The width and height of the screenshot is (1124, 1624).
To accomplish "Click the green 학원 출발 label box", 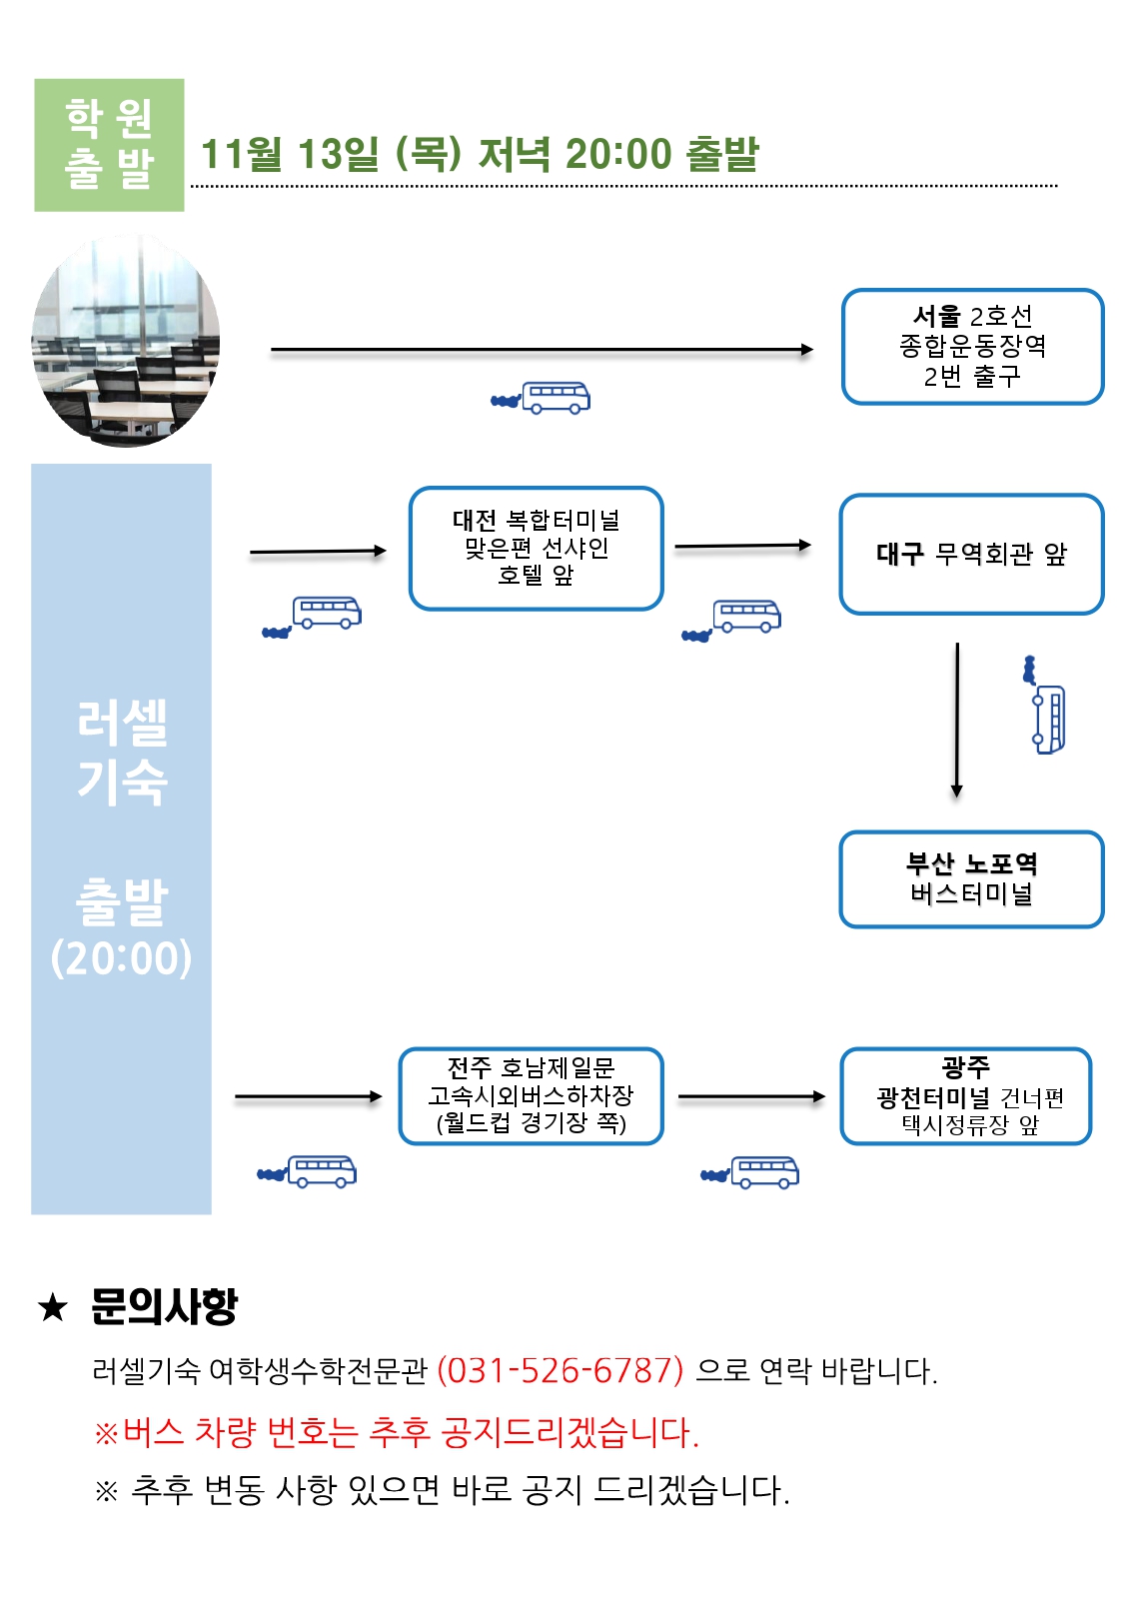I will (x=109, y=145).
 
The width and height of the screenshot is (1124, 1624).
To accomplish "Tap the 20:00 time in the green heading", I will (x=617, y=155).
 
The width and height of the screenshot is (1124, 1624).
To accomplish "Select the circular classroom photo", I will (x=126, y=342).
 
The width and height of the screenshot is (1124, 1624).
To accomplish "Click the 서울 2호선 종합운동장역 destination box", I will (x=971, y=347).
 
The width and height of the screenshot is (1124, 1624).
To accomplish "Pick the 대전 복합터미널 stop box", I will (x=536, y=549).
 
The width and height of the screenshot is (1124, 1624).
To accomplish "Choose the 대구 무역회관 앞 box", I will (x=971, y=554).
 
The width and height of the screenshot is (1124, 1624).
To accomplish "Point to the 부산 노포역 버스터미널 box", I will (x=971, y=879).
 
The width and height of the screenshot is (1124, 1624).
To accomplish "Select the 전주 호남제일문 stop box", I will (x=531, y=1096).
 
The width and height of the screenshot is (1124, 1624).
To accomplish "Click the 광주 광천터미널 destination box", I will (x=966, y=1096).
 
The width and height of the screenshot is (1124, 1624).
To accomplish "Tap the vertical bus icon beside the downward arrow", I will (x=1046, y=712).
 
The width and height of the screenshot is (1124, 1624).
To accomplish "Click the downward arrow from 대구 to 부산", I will (x=957, y=720).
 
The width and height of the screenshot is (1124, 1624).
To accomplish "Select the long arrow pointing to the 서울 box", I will (x=542, y=350).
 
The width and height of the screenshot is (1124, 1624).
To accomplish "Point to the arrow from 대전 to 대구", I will (x=742, y=547).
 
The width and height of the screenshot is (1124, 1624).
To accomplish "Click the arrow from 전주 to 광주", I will (x=751, y=1096).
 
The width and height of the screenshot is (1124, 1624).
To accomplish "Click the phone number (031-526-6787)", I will (x=561, y=1370).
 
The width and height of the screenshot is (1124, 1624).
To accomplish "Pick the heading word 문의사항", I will (x=164, y=1306).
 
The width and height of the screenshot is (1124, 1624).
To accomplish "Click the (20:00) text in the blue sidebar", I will (x=121, y=957).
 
